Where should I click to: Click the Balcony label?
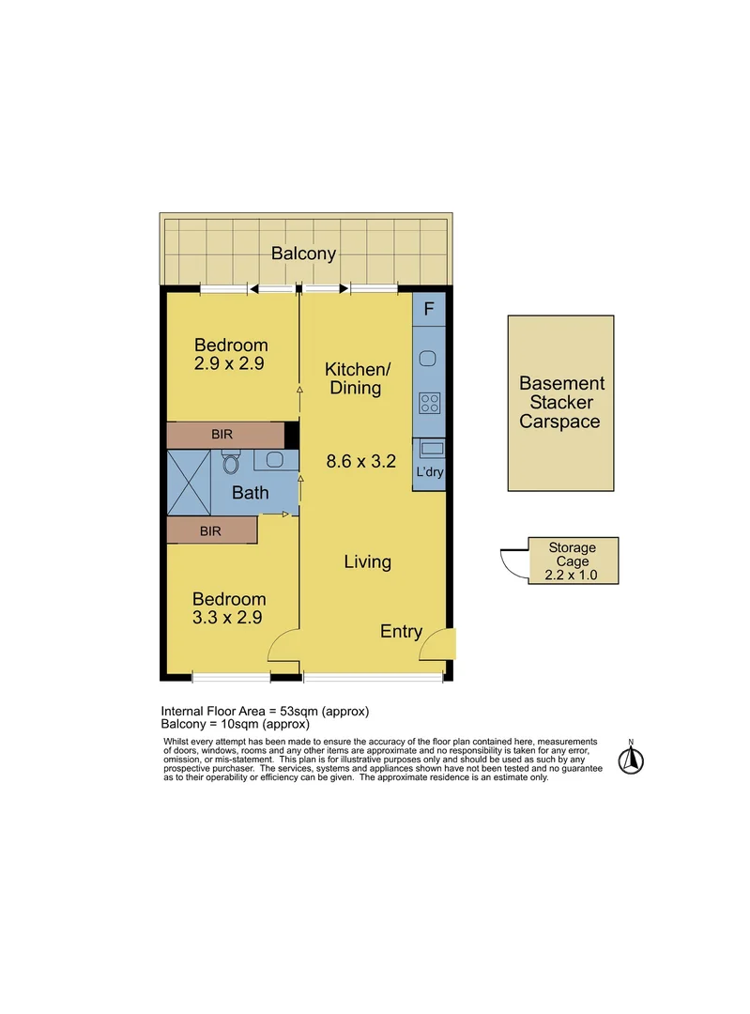pyautogui.click(x=303, y=253)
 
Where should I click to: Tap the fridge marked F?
pyautogui.click(x=429, y=309)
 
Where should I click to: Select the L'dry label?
pyautogui.click(x=429, y=471)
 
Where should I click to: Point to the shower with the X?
pyautogui.click(x=189, y=482)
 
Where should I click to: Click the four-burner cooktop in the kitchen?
pyautogui.click(x=429, y=403)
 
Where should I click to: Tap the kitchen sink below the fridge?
pyautogui.click(x=429, y=358)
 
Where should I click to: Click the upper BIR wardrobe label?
pyautogui.click(x=222, y=435)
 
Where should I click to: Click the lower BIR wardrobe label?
pyautogui.click(x=210, y=530)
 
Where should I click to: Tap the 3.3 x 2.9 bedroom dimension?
pyautogui.click(x=228, y=618)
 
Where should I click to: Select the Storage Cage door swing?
pyautogui.click(x=513, y=562)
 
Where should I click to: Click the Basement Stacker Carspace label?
pyautogui.click(x=561, y=402)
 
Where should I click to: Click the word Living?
pyautogui.click(x=367, y=562)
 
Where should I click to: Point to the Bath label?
pyautogui.click(x=250, y=492)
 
